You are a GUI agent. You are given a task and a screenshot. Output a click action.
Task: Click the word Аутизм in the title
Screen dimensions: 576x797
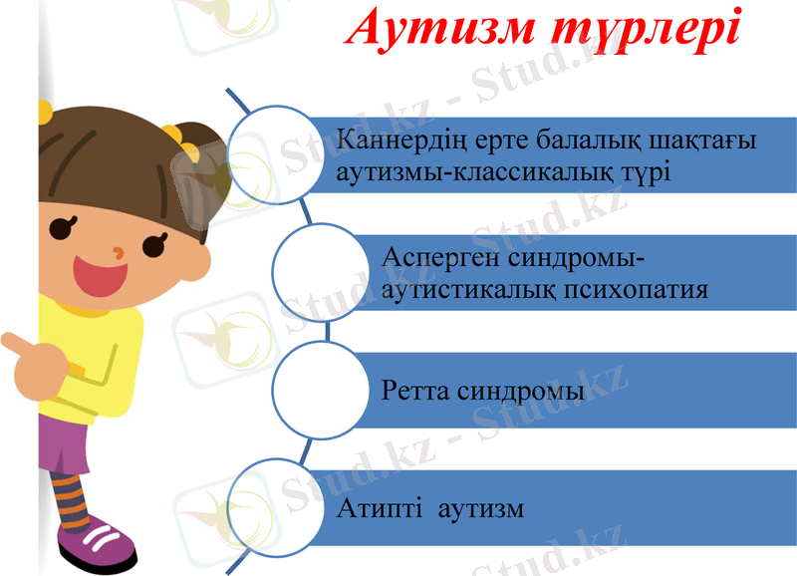click(x=437, y=30)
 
